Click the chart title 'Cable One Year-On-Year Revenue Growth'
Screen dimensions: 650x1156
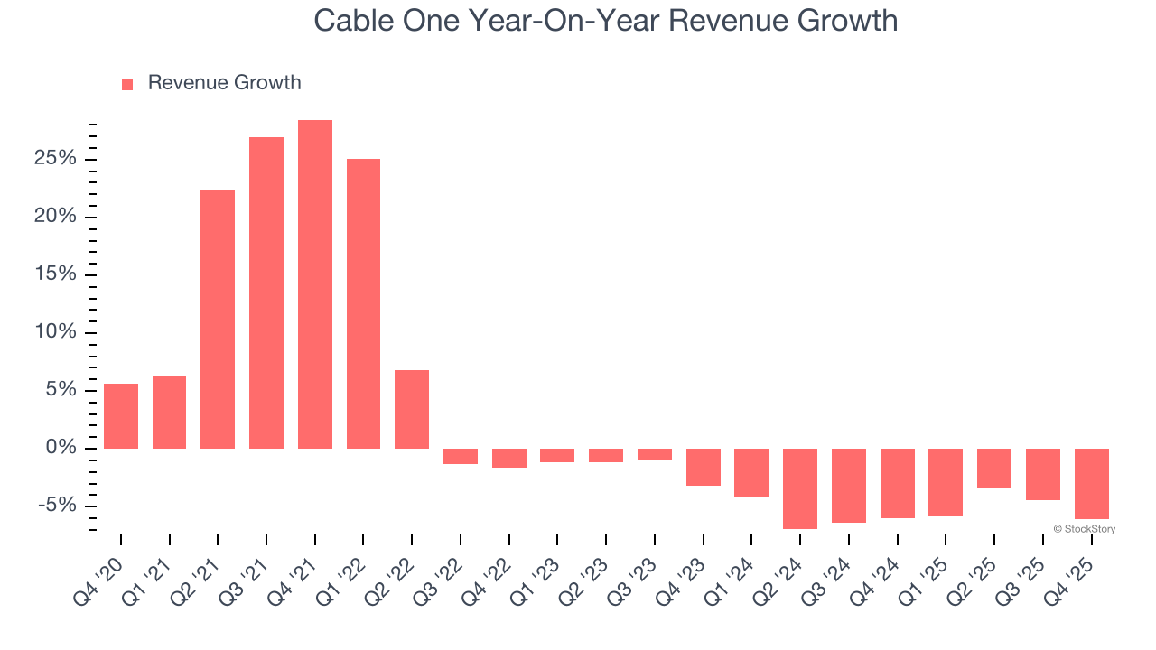(x=605, y=20)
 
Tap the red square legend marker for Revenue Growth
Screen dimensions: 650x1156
(x=127, y=84)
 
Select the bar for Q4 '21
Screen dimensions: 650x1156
(x=315, y=284)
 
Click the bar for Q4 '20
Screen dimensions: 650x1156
(x=121, y=416)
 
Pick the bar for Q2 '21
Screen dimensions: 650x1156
(x=218, y=320)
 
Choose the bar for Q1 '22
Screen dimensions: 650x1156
(x=363, y=303)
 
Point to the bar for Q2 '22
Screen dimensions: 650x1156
(x=412, y=409)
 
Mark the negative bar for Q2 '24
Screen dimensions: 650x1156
(x=800, y=488)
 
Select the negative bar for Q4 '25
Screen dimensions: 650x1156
(x=1091, y=484)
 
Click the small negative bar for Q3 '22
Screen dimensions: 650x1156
(x=461, y=456)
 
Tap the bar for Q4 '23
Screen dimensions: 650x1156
(x=703, y=467)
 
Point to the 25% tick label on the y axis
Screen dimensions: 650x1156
(x=57, y=159)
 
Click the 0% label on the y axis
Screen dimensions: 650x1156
(x=62, y=448)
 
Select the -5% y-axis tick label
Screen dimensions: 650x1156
(x=59, y=506)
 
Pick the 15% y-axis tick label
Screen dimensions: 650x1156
(x=57, y=274)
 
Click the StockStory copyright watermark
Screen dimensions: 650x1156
(x=1084, y=529)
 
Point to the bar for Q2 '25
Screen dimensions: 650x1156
(x=994, y=469)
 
